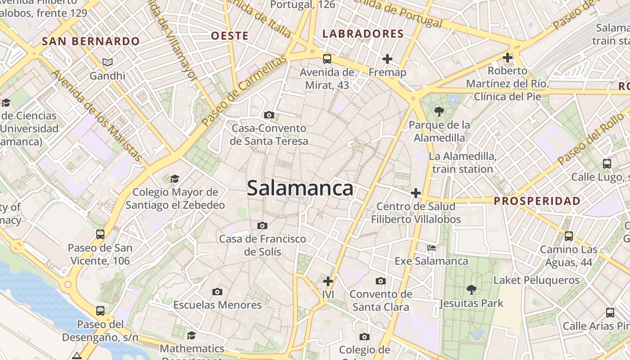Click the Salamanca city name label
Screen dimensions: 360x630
(300, 188)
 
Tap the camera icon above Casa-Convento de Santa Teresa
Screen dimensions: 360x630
(269, 115)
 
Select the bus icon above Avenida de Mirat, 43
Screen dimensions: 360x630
(327, 58)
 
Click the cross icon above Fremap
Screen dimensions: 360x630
(387, 58)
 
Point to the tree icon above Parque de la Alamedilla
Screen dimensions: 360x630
(439, 111)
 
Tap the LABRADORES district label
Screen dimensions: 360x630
(363, 34)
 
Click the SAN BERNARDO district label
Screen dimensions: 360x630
(91, 41)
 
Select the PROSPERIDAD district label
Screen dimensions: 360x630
(537, 201)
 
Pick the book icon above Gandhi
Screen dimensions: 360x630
(107, 62)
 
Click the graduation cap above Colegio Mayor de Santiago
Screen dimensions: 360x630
(175, 179)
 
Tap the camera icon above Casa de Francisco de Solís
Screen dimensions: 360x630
(262, 225)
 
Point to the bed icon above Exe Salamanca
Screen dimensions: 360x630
(432, 247)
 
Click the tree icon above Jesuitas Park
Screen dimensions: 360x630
(472, 289)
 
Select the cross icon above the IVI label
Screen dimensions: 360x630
(328, 281)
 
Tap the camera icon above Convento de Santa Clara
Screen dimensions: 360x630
(381, 281)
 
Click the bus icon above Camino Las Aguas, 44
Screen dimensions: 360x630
(569, 236)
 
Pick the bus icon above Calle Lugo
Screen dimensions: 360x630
(607, 163)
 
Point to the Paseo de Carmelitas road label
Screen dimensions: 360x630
(244, 91)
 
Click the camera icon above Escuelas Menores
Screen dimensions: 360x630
(217, 292)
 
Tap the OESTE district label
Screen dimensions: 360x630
(230, 36)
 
